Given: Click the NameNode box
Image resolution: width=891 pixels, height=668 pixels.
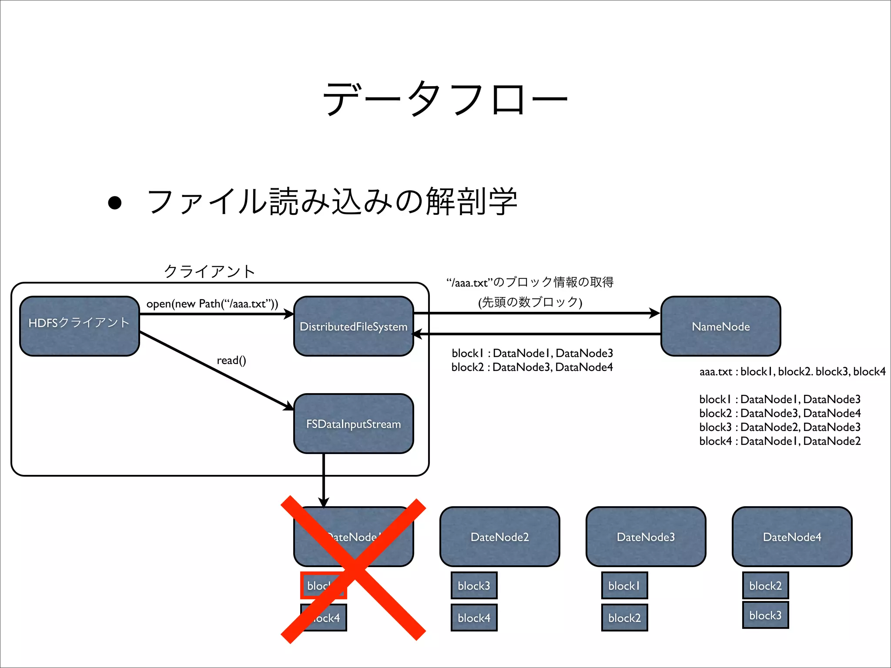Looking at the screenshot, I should [720, 326].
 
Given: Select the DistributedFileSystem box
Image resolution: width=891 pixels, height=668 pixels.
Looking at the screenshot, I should [353, 326].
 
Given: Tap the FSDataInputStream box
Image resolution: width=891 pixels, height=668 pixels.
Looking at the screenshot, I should [353, 424].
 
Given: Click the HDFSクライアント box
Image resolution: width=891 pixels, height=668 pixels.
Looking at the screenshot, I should [79, 326].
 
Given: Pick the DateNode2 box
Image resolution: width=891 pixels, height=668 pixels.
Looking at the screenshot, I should [499, 537].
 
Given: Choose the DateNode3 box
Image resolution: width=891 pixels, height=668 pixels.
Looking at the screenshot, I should [646, 537].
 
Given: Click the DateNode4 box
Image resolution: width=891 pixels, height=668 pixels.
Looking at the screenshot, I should [792, 537].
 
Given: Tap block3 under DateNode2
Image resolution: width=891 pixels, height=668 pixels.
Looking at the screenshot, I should [474, 585].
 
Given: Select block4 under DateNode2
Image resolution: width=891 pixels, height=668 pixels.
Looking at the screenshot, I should [474, 618].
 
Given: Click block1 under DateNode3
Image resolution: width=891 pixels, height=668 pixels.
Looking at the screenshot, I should [624, 585].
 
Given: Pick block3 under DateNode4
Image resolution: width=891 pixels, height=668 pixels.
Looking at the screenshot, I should [765, 615].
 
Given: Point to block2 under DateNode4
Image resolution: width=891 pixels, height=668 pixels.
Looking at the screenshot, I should [765, 585].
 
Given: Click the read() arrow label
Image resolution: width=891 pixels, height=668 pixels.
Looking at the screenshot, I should [231, 360].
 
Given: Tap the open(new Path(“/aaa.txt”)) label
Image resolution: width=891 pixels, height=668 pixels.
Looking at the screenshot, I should [212, 304].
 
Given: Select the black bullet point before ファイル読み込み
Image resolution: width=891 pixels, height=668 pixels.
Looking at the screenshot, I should [115, 203].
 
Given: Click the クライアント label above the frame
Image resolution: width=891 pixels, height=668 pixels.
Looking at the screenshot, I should [209, 271].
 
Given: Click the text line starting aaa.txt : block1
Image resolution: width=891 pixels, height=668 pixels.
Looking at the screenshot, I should [792, 371].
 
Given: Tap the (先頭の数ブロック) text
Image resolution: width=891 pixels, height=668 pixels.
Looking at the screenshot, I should [530, 302].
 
